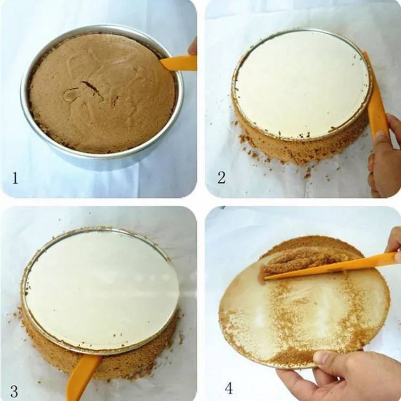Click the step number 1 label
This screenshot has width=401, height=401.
[x=16, y=178]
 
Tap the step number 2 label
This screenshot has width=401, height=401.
[x=221, y=177]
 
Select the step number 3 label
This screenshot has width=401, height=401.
[x=14, y=391]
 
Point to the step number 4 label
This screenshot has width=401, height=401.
[x=229, y=388]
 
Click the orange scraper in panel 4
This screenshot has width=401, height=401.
[x=330, y=266]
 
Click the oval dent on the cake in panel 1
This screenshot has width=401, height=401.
[x=71, y=94]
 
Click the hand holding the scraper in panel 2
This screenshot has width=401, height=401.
[x=383, y=156]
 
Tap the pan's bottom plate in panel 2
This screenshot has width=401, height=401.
[x=302, y=84]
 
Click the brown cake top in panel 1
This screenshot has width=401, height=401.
[x=102, y=92]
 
